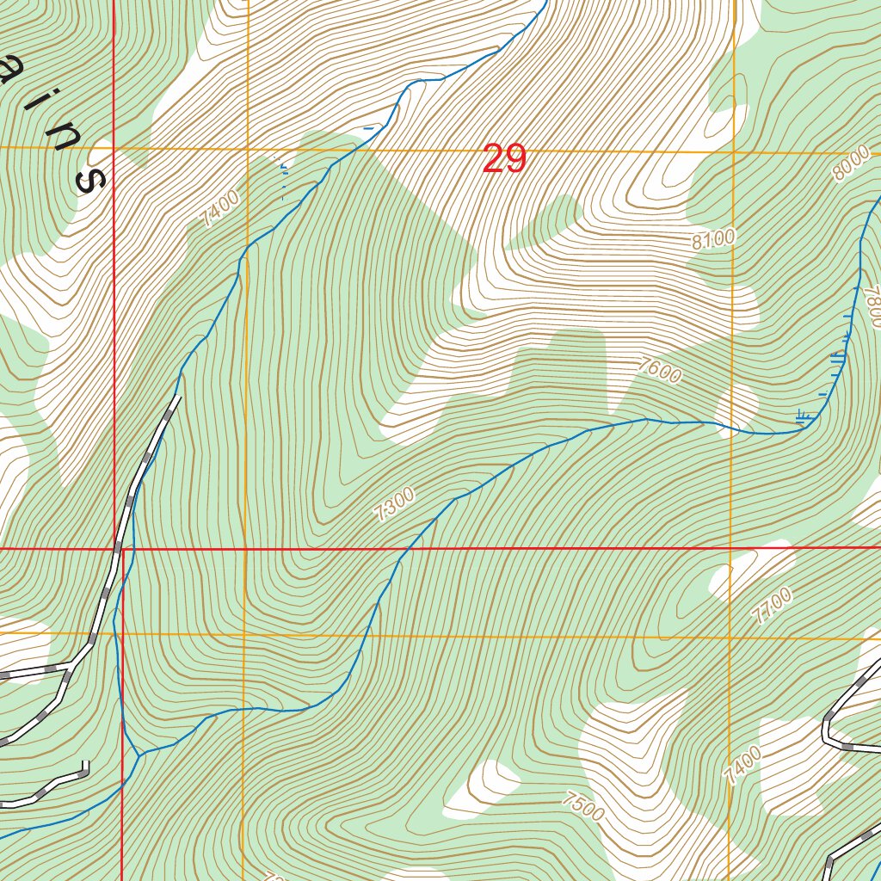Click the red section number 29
tap(503, 159)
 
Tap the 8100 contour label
tap(713, 240)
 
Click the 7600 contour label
tap(659, 371)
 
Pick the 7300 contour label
tap(395, 505)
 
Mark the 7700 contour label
tap(770, 607)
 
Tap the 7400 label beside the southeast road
tap(742, 766)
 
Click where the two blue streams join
tap(138, 756)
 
